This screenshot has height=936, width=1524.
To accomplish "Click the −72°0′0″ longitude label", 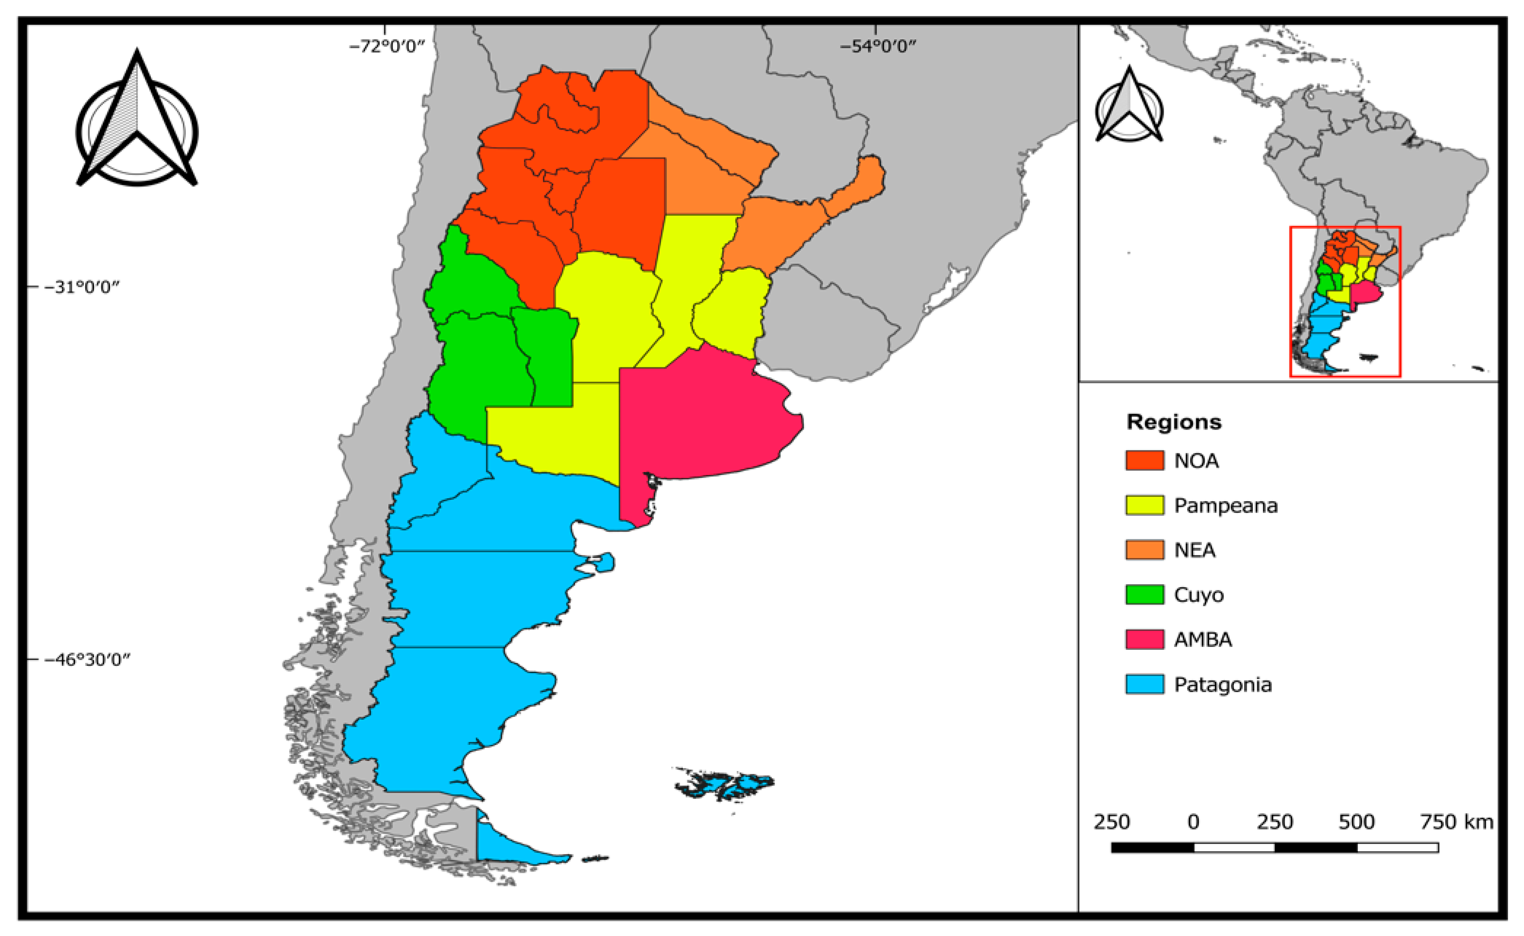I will click(x=387, y=47).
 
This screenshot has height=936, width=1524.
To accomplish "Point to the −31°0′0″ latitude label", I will click(x=81, y=287).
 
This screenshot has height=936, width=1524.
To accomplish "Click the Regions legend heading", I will click(x=1173, y=422).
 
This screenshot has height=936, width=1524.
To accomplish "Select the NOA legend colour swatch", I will click(x=1144, y=461).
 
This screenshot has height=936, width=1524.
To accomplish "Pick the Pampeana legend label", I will click(x=1226, y=506).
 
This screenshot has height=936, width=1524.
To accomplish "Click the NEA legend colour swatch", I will click(x=1144, y=550).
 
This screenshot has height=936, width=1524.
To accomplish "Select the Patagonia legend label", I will click(x=1222, y=685).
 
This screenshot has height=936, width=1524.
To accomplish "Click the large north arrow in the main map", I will click(x=137, y=124).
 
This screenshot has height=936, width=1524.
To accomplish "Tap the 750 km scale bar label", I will click(x=1456, y=822).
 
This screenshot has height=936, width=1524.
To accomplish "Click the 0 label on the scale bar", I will click(x=1193, y=822).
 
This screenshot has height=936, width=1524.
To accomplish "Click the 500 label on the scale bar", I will click(x=1356, y=822).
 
